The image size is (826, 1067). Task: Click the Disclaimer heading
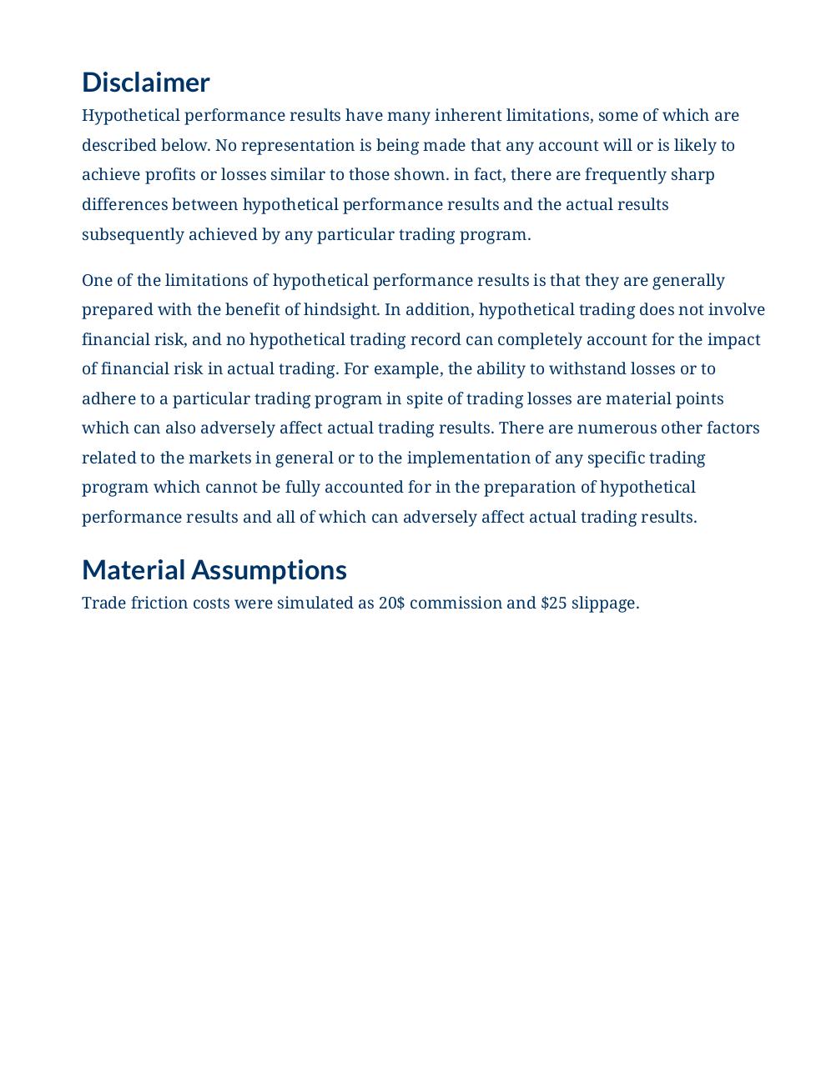coord(145,83)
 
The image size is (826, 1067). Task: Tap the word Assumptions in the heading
coord(269,570)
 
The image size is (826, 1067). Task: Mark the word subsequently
coord(133,234)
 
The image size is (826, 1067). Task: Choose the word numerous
coord(617,428)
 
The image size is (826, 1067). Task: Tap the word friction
coord(159,604)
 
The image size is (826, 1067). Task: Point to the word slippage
coord(605,604)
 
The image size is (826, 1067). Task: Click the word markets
coord(219,458)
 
